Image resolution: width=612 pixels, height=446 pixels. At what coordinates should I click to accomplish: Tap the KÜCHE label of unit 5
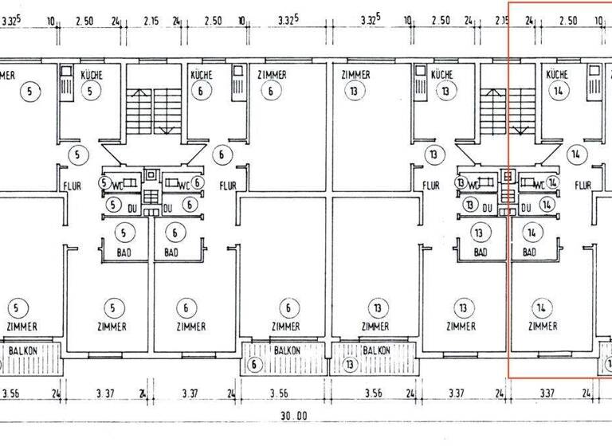[x=92, y=75]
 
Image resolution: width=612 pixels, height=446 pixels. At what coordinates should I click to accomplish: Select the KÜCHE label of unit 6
[x=202, y=75]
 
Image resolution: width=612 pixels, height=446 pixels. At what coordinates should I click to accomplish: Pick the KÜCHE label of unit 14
[x=557, y=75]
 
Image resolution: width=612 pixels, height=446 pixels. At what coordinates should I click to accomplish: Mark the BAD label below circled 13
[x=480, y=252]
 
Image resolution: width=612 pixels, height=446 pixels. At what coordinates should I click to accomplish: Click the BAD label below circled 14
[x=528, y=252]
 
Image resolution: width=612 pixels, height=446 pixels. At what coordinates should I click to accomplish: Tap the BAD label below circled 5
[x=124, y=252]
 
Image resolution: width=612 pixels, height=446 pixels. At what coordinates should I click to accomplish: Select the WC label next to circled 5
[x=119, y=184]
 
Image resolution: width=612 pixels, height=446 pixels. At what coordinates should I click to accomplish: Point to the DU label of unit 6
[x=168, y=208]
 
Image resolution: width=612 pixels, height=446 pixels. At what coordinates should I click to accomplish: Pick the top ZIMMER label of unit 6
[x=272, y=75]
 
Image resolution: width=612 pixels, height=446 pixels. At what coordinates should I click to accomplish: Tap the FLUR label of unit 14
[x=583, y=186]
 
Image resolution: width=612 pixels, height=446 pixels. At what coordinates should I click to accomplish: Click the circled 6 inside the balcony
[x=254, y=366]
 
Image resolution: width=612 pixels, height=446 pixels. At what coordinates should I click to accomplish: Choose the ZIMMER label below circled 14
[x=543, y=327]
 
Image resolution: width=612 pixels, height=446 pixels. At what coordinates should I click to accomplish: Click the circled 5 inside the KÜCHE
[x=92, y=91]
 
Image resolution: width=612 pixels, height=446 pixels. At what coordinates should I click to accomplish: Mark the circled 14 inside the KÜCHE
[x=557, y=91]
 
